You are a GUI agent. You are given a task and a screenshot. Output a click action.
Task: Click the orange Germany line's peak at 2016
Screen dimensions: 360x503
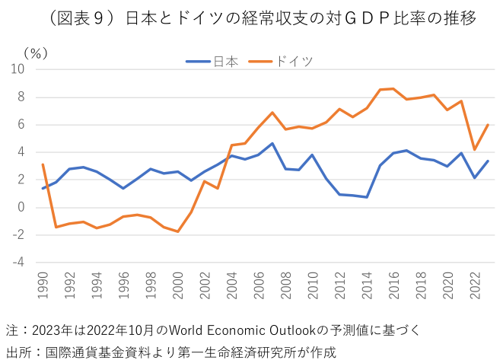pyautogui.click(x=393, y=89)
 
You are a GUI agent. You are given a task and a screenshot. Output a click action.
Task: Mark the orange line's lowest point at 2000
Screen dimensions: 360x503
pyautogui.click(x=177, y=231)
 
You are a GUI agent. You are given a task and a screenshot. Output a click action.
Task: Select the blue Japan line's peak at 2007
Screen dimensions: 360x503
pyautogui.click(x=272, y=143)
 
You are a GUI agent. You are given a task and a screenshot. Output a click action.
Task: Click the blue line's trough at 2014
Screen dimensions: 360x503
pyautogui.click(x=366, y=197)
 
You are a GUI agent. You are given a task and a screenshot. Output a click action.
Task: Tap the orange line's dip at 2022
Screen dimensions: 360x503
pyautogui.click(x=474, y=149)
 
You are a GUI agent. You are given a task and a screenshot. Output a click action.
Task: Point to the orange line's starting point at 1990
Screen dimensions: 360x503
pyautogui.click(x=43, y=164)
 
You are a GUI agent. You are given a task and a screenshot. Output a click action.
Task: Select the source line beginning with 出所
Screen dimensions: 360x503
pyautogui.click(x=170, y=351)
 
